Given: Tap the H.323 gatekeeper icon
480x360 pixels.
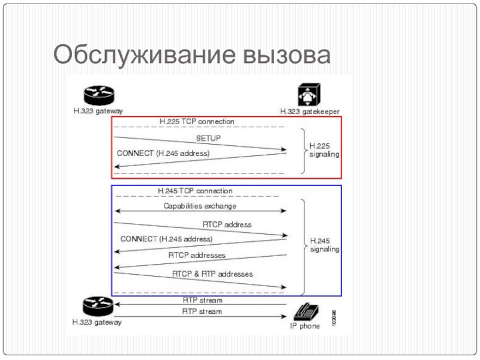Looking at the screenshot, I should (310, 95).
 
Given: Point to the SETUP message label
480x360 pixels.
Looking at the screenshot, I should (208, 138).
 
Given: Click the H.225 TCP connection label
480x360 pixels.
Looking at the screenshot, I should (197, 122).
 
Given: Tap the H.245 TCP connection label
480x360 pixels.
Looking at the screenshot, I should (195, 191).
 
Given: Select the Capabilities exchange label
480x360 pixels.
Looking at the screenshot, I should (200, 206).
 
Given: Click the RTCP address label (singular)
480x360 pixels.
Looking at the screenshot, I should (227, 224).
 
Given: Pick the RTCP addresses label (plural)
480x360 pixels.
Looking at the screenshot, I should (197, 255).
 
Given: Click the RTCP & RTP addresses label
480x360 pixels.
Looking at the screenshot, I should (212, 274).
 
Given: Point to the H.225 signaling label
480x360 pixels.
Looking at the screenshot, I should (324, 150).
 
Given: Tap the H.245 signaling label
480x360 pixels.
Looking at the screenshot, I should (324, 245).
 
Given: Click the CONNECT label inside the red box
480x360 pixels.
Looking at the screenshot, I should (163, 154).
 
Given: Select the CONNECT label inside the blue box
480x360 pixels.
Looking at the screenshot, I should (166, 239).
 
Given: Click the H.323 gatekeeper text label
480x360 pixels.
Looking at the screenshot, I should (310, 111).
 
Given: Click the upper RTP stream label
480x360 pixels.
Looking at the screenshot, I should (202, 300).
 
